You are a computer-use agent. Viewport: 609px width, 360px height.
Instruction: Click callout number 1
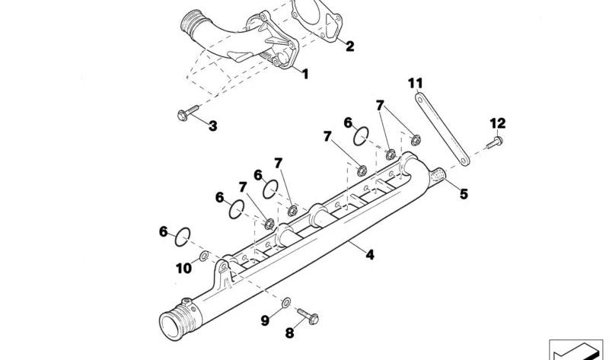[305, 74]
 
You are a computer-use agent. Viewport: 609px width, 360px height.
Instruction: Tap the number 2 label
[349, 46]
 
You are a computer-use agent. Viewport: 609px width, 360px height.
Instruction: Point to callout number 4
[370, 255]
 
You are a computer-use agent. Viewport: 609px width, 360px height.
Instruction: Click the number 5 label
[464, 194]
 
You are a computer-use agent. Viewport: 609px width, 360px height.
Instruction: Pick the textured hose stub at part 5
[438, 176]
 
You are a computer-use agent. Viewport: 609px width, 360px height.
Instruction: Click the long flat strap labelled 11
[442, 129]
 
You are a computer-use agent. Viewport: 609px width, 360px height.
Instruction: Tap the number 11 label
[415, 83]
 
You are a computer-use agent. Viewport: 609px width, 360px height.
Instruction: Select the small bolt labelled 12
[494, 142]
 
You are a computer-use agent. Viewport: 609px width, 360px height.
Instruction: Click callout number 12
[498, 123]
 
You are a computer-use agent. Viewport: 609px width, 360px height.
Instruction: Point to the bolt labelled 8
[308, 316]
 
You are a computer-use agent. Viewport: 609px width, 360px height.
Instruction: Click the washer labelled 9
[286, 302]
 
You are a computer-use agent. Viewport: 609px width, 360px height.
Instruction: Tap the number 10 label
[183, 269]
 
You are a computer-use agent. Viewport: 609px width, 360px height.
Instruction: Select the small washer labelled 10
[204, 256]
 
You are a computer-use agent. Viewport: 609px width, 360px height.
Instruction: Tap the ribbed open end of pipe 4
[177, 320]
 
